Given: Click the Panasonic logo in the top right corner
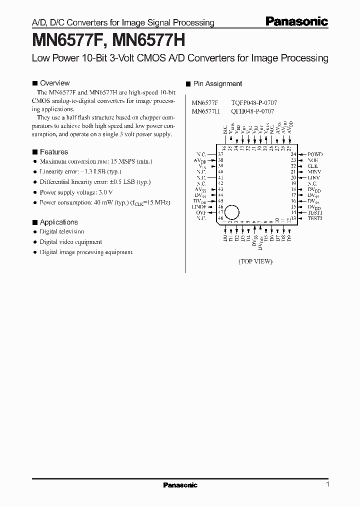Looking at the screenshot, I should [296, 21].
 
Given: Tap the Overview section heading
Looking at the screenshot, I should [54, 83].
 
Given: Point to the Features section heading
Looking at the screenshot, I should [53, 152].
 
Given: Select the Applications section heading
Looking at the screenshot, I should [58, 222].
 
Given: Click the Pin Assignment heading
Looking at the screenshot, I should [217, 84].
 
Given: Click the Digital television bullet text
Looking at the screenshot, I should [62, 231].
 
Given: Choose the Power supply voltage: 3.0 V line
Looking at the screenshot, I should [76, 192].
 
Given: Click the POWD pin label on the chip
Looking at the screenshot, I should [315, 154].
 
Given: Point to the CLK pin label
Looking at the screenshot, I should [313, 166].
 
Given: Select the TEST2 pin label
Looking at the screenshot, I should [315, 218].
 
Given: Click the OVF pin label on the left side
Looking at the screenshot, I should [201, 212].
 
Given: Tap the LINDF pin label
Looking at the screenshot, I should [199, 206].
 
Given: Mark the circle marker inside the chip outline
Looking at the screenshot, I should [231, 211].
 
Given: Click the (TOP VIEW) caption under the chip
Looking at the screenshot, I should [255, 261].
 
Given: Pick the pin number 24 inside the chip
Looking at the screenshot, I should [293, 154].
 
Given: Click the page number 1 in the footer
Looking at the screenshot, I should [327, 484].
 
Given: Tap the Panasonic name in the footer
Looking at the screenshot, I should [180, 485].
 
